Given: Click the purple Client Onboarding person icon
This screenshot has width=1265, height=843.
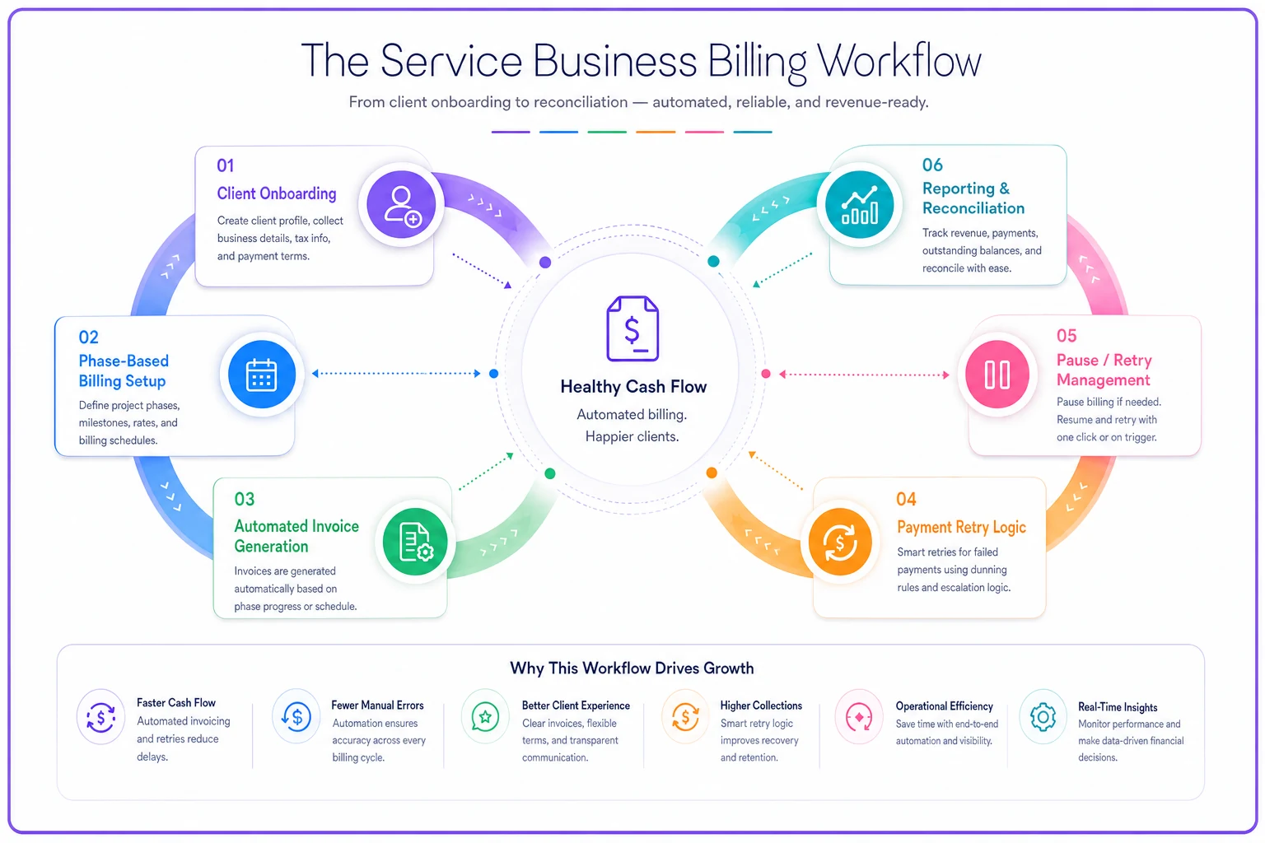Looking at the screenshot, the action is click(401, 204).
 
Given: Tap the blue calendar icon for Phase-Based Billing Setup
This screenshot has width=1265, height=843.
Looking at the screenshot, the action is click(261, 375).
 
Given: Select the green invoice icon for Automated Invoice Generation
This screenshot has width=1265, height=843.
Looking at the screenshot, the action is click(415, 542).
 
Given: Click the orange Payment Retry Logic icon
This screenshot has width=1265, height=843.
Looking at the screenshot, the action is click(840, 542).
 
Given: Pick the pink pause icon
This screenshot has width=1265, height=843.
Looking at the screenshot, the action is click(997, 375).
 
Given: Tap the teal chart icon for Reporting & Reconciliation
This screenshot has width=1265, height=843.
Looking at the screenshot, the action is click(859, 204).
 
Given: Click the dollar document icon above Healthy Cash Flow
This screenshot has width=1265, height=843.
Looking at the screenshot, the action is click(632, 328).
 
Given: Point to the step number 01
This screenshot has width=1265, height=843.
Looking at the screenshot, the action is click(226, 165).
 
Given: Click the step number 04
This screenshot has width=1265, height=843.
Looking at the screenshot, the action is click(906, 499).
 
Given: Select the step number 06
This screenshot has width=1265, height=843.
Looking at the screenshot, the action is click(932, 165).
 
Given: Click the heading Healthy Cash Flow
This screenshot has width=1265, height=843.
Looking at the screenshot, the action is click(633, 387).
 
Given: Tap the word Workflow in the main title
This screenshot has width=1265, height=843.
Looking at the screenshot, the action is click(899, 62).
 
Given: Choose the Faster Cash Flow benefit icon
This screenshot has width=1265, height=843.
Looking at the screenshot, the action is click(100, 717).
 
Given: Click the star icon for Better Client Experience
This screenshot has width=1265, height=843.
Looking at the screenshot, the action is click(484, 717).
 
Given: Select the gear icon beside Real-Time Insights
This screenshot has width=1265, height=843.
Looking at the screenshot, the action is click(1043, 717).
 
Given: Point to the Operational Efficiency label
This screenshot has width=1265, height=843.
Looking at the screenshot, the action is click(944, 706).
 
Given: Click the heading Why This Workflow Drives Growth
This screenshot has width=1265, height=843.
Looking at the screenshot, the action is click(632, 668).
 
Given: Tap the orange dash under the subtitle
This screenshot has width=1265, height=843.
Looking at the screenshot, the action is click(656, 132).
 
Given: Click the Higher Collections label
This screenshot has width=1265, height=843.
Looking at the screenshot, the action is click(761, 706).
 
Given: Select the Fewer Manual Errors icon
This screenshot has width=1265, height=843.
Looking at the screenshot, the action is click(296, 717).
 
